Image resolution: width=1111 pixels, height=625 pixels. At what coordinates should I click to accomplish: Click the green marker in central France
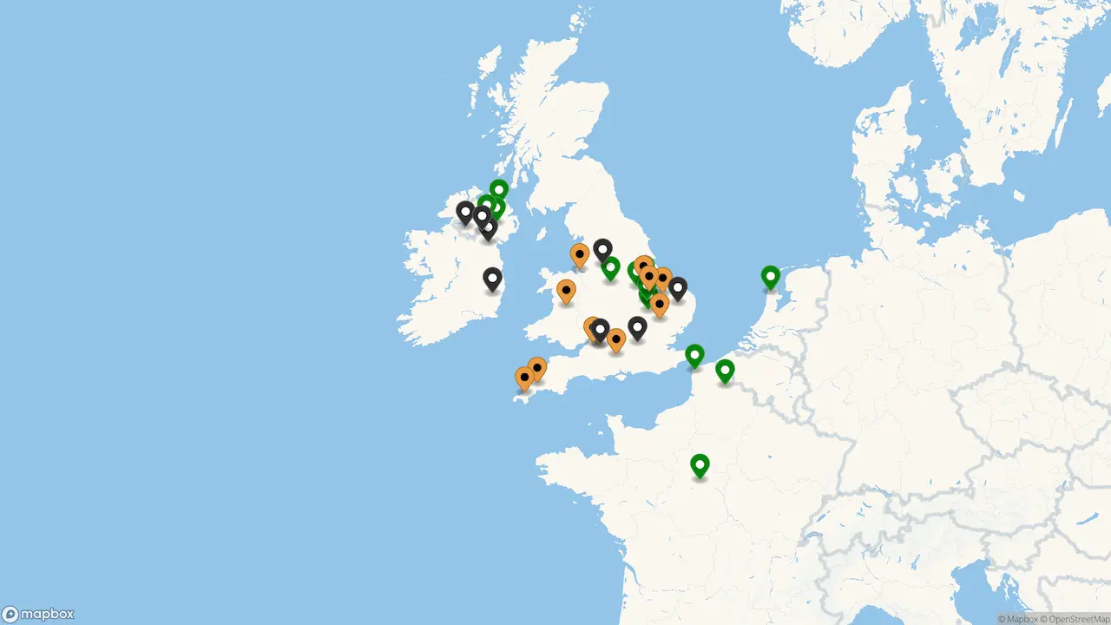(700, 464)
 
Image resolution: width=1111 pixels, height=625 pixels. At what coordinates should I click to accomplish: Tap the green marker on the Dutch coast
(770, 276)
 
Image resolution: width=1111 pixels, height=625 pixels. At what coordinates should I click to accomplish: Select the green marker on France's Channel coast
(694, 355)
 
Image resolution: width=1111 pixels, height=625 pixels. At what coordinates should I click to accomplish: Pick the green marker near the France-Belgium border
(725, 371)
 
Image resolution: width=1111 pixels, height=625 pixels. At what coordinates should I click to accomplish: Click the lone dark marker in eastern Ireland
(492, 278)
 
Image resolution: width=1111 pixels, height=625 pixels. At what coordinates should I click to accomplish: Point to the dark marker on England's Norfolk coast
(678, 287)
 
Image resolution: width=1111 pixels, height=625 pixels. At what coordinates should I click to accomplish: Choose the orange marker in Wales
(566, 290)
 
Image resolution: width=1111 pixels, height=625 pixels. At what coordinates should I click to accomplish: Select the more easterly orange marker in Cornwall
(537, 368)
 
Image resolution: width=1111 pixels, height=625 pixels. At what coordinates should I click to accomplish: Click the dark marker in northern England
(602, 250)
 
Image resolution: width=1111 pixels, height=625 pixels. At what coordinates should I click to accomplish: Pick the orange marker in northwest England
(580, 254)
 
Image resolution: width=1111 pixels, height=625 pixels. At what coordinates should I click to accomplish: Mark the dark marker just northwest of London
(637, 327)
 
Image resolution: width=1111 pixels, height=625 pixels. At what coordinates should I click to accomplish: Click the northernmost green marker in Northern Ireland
(498, 188)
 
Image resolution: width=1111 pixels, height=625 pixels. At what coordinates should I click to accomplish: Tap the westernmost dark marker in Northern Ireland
(465, 211)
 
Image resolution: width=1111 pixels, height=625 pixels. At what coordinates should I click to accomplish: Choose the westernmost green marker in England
(611, 267)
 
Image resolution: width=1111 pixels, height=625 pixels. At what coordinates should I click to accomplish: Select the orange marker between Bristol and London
(616, 339)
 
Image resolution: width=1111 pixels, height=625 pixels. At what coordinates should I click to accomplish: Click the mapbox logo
(38, 614)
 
